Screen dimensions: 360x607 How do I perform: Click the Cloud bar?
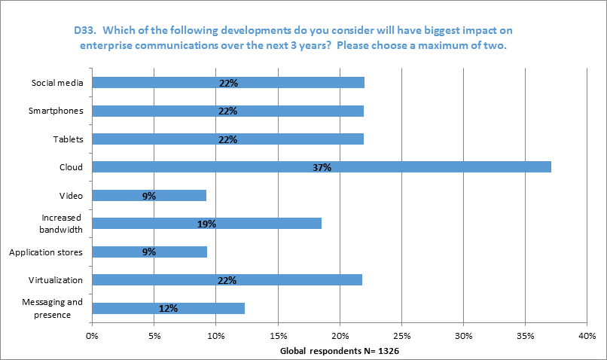(x=322, y=167)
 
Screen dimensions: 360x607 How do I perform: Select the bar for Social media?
(x=228, y=83)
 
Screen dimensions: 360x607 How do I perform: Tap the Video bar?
(x=149, y=196)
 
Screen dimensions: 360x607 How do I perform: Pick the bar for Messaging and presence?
(x=169, y=308)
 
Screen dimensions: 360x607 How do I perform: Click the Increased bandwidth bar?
(x=207, y=224)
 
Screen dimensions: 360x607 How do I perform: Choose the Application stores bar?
(x=149, y=252)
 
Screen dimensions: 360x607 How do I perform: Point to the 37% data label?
(x=322, y=167)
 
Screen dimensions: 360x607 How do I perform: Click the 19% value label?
(x=207, y=224)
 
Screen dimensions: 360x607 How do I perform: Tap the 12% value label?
(x=169, y=308)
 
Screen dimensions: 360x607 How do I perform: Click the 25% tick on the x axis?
(x=401, y=336)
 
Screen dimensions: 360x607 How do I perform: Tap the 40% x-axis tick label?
(x=587, y=336)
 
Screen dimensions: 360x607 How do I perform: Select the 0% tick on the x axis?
(x=93, y=336)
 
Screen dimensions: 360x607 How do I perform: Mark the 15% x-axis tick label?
(x=278, y=336)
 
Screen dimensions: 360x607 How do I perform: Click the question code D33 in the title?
(x=84, y=31)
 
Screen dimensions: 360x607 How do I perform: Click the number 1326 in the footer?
(x=392, y=352)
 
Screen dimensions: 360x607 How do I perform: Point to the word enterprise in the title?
(x=111, y=45)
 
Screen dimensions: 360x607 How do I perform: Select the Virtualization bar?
(x=227, y=280)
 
